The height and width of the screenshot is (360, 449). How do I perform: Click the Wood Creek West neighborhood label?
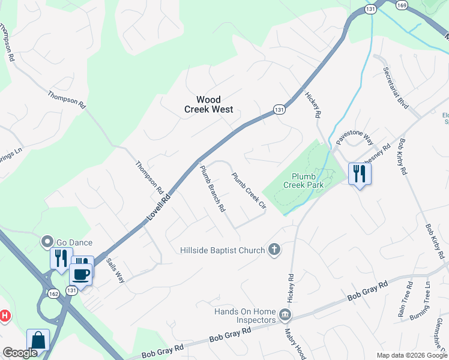(208, 104)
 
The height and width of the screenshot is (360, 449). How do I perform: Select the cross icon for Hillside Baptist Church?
(274, 250)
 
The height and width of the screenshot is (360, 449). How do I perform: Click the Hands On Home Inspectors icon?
(286, 313)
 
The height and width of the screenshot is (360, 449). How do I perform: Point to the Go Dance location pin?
(46, 242)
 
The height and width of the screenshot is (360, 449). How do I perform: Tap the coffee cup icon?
(81, 274)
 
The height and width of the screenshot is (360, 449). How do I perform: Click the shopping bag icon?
(38, 340)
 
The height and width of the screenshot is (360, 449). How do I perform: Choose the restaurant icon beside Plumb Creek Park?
(360, 174)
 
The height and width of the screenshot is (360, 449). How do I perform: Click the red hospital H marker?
(4, 315)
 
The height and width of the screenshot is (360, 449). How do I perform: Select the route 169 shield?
(402, 4)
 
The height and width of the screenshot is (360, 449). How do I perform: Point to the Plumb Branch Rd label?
(212, 189)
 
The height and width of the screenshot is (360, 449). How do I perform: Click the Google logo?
(20, 353)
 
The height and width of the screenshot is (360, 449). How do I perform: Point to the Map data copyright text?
(412, 355)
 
